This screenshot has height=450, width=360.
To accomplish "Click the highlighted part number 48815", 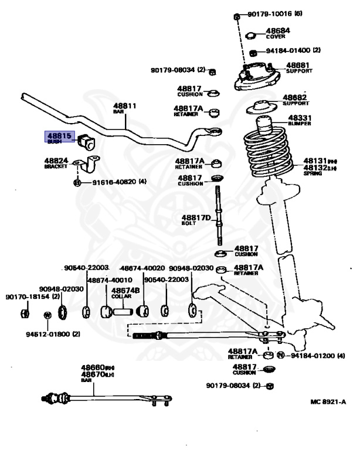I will [59, 136].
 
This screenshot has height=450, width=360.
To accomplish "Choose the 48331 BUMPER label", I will [300, 119].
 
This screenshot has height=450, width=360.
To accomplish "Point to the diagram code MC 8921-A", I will [328, 402].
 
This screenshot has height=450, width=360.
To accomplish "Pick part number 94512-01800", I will [52, 334].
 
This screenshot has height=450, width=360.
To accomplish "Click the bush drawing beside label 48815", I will [90, 141].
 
